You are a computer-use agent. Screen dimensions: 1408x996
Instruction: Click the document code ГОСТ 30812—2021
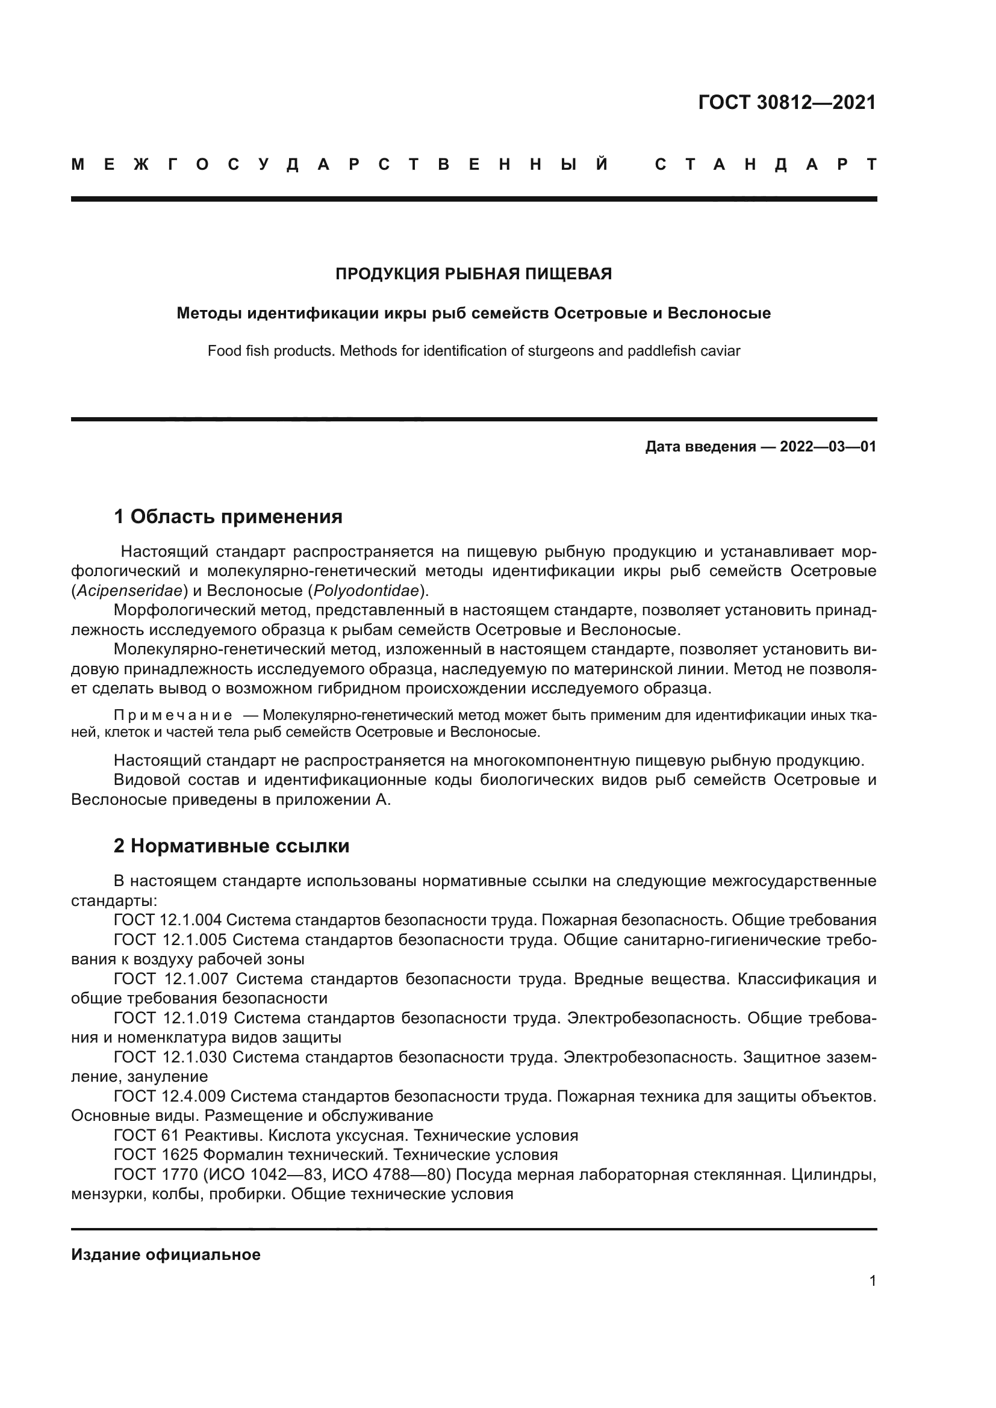[787, 102]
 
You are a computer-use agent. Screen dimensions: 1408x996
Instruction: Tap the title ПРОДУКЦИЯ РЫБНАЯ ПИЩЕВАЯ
[473, 274]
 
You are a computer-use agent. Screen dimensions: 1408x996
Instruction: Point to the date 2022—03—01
[828, 447]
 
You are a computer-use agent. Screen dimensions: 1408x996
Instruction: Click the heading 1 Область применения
[228, 517]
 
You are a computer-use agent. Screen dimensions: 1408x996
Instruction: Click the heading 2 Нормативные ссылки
[231, 846]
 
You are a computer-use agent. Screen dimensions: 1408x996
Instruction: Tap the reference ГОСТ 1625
[155, 1155]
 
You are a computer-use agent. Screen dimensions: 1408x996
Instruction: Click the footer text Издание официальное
[166, 1254]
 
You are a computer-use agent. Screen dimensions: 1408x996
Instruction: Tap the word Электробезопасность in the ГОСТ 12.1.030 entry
[650, 1057]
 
